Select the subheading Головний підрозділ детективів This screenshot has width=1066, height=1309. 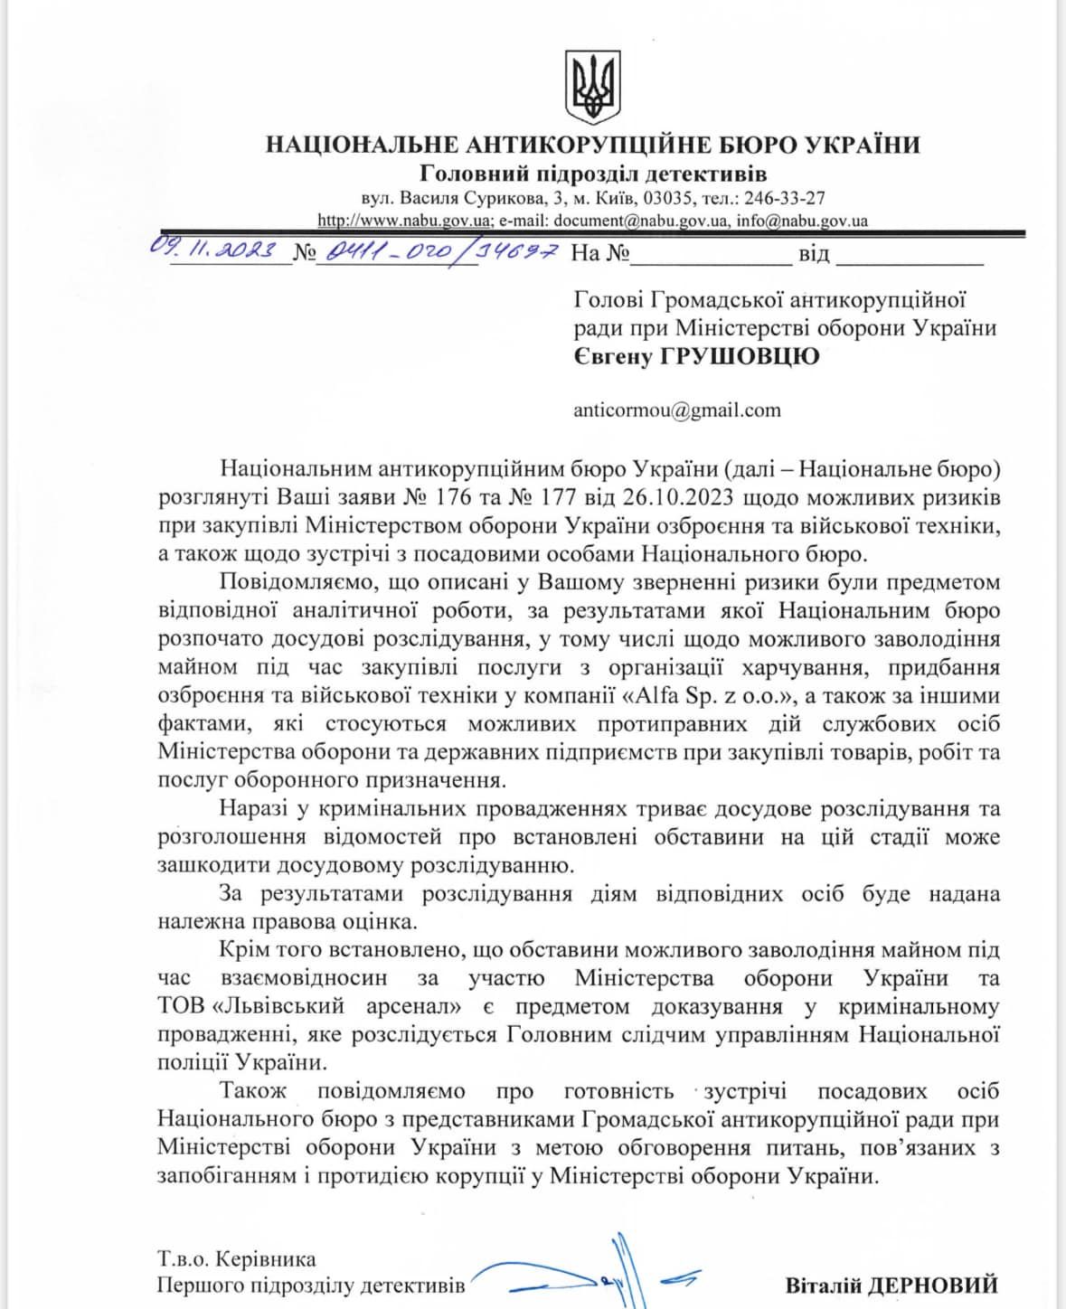point(593,174)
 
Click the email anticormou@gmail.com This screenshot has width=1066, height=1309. point(676,410)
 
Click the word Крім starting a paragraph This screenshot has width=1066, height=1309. point(241,950)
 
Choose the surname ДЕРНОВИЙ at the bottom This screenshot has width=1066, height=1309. point(940,1285)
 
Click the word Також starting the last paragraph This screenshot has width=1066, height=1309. point(252,1091)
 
